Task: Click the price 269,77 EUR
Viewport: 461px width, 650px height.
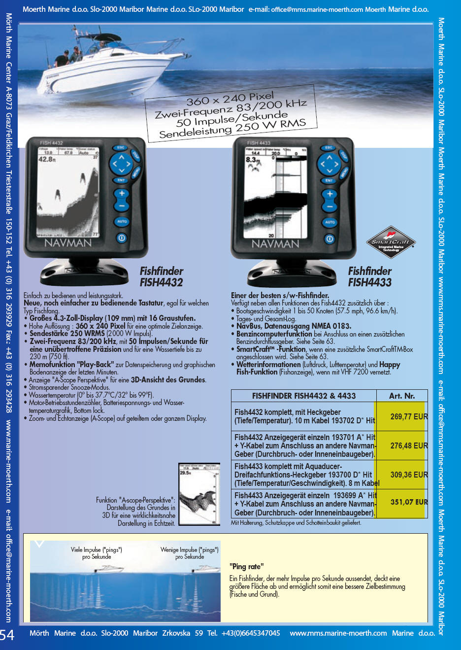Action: (408, 416)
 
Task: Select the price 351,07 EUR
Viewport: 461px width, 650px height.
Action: (408, 502)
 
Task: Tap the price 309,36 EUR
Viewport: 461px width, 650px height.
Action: (408, 475)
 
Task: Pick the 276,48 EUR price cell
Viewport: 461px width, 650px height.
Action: (408, 445)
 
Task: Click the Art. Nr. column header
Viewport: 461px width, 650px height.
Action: (401, 396)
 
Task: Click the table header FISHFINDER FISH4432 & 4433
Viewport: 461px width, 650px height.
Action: (303, 396)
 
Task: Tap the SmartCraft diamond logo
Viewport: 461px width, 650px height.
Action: (391, 241)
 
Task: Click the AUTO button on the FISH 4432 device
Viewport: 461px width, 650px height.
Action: (122, 222)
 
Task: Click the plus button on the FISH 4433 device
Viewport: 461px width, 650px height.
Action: (329, 194)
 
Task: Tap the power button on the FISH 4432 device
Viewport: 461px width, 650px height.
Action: (121, 238)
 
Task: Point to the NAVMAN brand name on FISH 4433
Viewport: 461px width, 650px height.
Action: (275, 244)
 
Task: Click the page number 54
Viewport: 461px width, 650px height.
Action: (7, 635)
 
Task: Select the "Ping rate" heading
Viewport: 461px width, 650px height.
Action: (246, 566)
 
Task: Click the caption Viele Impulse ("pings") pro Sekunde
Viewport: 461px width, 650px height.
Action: (97, 553)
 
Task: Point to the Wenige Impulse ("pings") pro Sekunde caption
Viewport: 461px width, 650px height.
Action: (189, 553)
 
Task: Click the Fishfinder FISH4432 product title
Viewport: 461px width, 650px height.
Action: (161, 277)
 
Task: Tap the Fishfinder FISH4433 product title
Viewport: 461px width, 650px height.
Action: (369, 277)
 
